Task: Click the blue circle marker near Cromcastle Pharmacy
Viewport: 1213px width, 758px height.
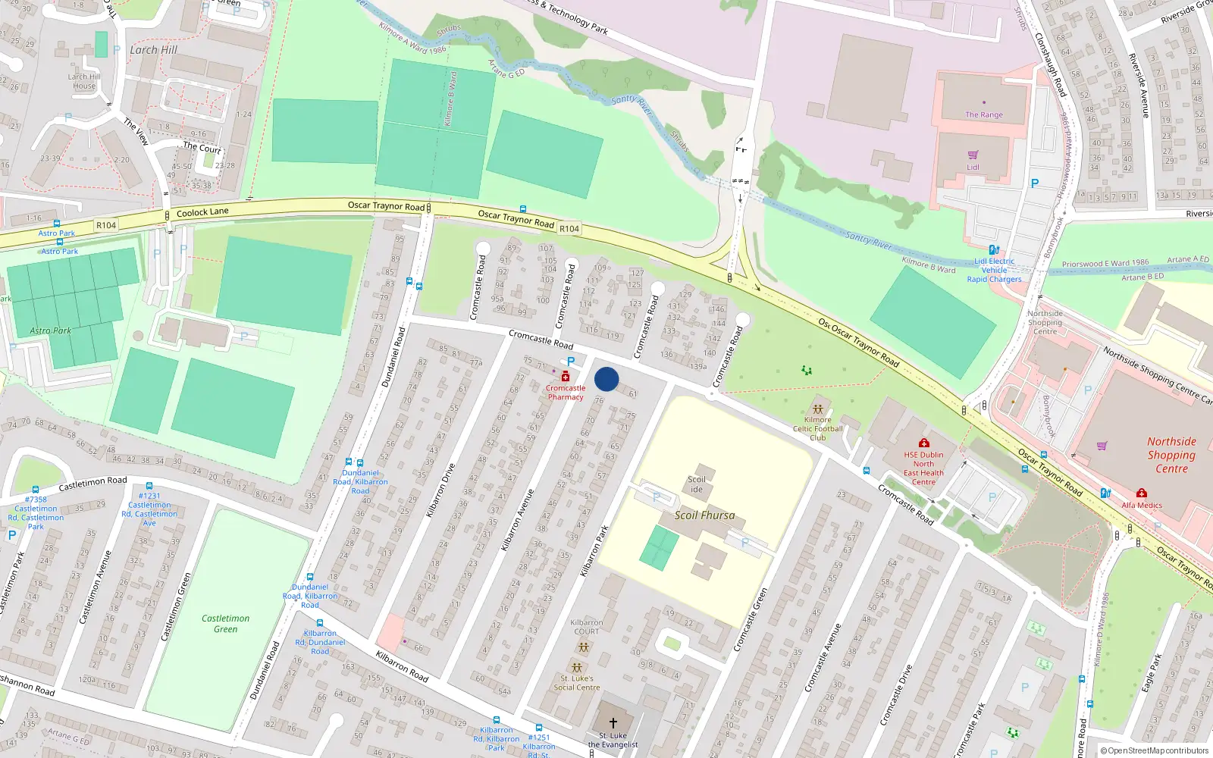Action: point(606,379)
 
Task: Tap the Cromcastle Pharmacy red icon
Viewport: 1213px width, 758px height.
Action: point(566,376)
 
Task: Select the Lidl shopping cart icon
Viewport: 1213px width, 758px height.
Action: point(973,155)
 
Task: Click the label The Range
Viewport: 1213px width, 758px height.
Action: point(983,114)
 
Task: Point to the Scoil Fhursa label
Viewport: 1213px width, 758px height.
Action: point(704,515)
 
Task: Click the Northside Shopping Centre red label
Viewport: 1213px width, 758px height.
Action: point(1171,455)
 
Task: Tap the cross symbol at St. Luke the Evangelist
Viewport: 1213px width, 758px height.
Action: point(613,723)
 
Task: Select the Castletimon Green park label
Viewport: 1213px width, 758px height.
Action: point(225,624)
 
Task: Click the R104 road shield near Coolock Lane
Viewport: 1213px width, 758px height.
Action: point(106,225)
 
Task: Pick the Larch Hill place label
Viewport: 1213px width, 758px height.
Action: point(153,49)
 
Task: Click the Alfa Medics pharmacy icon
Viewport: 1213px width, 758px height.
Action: point(1142,493)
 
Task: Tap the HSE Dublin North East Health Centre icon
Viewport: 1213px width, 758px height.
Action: point(923,443)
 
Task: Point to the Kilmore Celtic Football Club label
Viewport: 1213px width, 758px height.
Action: point(817,428)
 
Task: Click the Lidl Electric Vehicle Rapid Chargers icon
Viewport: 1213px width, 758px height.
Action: point(994,249)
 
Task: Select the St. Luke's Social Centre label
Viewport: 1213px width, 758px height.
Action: point(576,683)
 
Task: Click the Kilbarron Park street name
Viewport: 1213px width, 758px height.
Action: point(594,551)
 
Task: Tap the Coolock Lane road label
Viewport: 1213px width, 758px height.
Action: point(202,212)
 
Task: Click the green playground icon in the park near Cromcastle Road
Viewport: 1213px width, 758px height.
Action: point(807,371)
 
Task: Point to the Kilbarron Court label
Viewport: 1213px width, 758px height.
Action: point(586,627)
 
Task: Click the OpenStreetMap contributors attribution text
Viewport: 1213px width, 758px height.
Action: point(1154,751)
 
